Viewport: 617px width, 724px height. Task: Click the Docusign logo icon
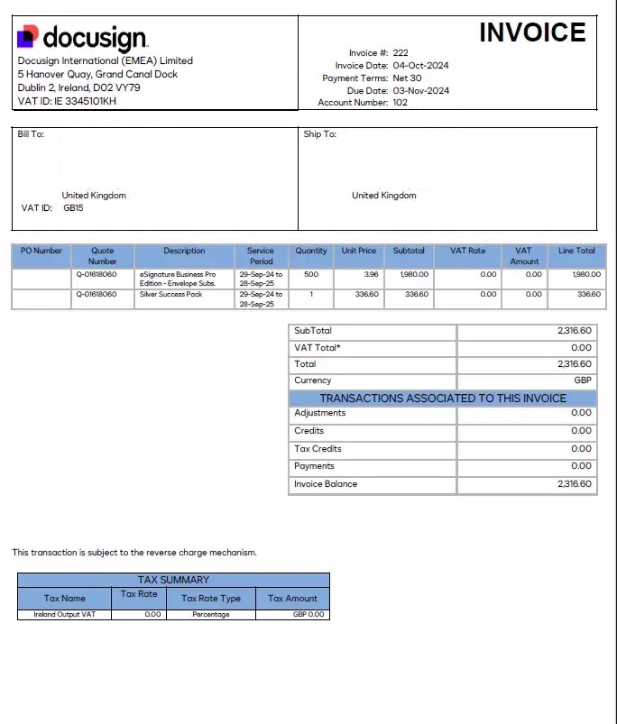point(27,37)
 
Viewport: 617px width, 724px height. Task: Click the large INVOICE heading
point(532,32)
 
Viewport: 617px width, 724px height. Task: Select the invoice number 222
point(401,53)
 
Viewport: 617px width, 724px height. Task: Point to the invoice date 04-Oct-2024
point(420,66)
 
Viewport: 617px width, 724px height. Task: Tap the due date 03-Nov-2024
point(420,90)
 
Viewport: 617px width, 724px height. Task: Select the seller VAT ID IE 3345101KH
point(76,101)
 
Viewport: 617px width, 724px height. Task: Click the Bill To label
point(31,134)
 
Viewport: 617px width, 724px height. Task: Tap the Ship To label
point(319,134)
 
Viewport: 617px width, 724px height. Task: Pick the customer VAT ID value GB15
point(73,208)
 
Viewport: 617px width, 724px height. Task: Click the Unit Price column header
point(359,251)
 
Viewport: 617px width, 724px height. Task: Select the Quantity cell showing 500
point(311,274)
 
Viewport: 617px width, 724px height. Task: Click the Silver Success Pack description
point(171,294)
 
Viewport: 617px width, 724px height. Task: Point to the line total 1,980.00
point(586,274)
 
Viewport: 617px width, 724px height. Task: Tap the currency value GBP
point(583,380)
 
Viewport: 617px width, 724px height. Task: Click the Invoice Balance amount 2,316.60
point(575,484)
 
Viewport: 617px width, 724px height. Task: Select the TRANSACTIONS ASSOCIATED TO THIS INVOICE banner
point(443,398)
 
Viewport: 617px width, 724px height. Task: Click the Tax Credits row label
point(318,448)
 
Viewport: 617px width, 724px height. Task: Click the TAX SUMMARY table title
point(173,580)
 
